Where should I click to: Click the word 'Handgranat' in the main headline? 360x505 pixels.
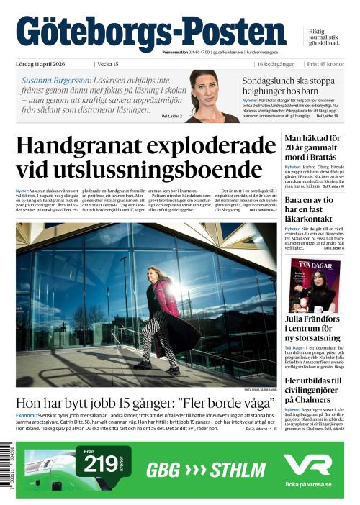[89, 147]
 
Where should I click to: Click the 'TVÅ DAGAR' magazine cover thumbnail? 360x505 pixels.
[315, 286]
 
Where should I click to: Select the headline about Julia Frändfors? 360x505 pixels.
[312, 329]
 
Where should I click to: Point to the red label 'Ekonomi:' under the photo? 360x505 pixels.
[27, 416]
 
